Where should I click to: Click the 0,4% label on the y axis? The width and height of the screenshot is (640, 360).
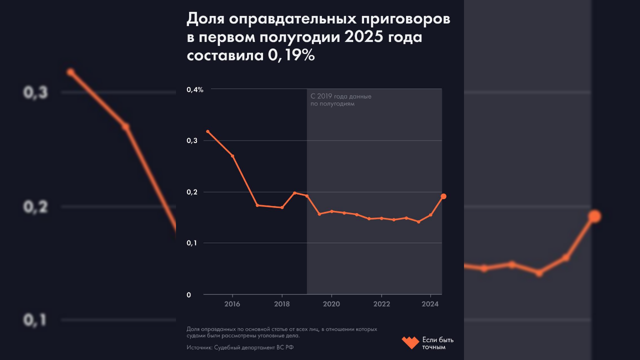pyautogui.click(x=195, y=89)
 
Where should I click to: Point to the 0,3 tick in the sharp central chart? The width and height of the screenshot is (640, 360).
pyautogui.click(x=192, y=141)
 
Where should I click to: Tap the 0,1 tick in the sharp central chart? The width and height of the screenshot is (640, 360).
pyautogui.click(x=192, y=243)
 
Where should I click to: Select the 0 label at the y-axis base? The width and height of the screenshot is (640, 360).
pyautogui.click(x=189, y=295)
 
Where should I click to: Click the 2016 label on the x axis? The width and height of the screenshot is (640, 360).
pyautogui.click(x=232, y=304)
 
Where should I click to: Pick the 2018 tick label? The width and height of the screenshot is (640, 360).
pyautogui.click(x=282, y=304)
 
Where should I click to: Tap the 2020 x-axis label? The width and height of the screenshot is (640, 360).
pyautogui.click(x=331, y=304)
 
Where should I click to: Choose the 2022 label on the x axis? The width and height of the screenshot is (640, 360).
pyautogui.click(x=381, y=304)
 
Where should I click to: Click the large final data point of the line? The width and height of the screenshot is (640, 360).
pyautogui.click(x=443, y=196)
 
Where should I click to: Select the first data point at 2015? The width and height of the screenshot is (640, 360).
pyautogui.click(x=207, y=131)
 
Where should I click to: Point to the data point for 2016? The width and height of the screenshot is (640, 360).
pyautogui.click(x=232, y=156)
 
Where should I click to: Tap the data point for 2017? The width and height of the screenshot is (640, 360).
pyautogui.click(x=257, y=205)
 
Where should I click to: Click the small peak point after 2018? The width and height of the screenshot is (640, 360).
pyautogui.click(x=294, y=193)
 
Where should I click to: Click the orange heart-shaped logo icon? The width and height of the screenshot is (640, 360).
pyautogui.click(x=410, y=342)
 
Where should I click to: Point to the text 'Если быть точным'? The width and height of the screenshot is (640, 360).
pyautogui.click(x=437, y=343)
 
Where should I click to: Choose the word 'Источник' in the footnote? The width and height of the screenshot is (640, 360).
pyautogui.click(x=198, y=347)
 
